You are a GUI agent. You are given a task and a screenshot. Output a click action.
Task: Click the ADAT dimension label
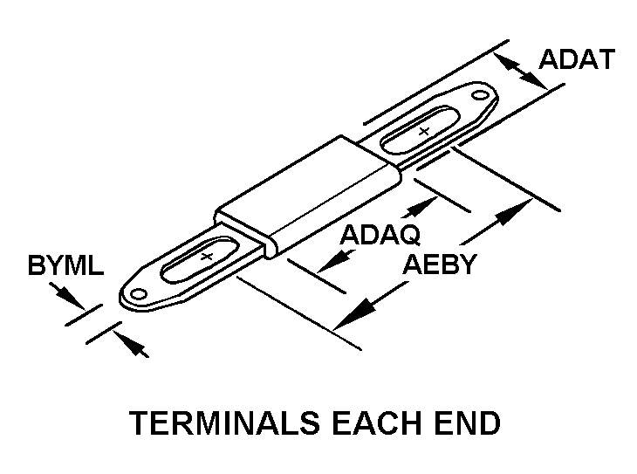coord(577,59)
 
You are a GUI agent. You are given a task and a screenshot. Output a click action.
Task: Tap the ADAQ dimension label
coord(380,235)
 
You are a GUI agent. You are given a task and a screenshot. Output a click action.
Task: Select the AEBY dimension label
coord(440,264)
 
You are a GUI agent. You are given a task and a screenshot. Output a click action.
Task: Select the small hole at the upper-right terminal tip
coord(479,93)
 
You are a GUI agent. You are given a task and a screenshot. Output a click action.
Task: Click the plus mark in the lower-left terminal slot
coord(206,258)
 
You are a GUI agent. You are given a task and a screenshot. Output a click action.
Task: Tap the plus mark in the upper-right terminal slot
coord(424,131)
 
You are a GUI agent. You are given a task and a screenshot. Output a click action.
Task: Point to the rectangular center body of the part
coord(310,192)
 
